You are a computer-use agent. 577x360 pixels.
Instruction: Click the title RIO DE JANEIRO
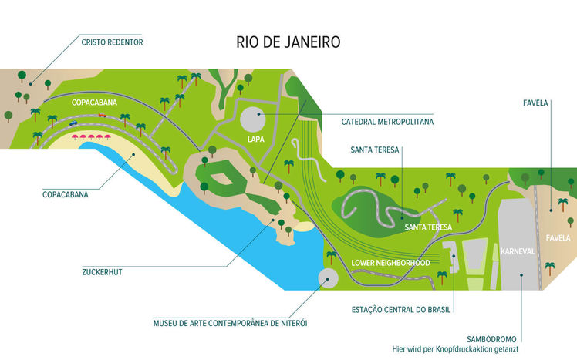(288, 42)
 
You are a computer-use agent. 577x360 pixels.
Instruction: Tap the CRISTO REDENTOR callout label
(112, 42)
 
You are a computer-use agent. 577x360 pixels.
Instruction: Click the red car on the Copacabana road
(102, 116)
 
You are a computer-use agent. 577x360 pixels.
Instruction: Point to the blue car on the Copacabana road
(73, 123)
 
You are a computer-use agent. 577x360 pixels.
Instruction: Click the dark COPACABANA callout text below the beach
(66, 195)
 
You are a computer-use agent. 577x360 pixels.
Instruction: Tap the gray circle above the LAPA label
(252, 119)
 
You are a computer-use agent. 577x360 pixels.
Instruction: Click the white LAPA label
(256, 140)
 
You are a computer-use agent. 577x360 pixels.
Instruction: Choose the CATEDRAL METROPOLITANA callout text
(387, 121)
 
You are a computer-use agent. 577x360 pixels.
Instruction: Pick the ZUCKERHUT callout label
(103, 271)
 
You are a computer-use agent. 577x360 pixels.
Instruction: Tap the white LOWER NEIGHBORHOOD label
(390, 263)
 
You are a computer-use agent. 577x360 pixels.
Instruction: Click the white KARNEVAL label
(516, 251)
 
